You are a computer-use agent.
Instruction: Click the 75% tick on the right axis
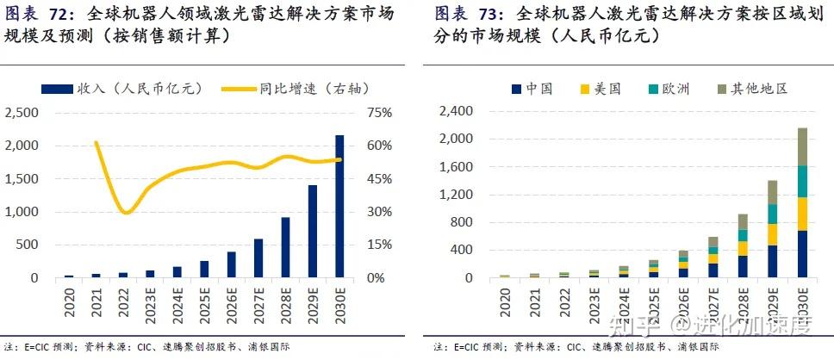point(379,113)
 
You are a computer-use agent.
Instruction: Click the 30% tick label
point(379,212)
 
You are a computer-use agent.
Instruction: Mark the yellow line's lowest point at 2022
point(127,212)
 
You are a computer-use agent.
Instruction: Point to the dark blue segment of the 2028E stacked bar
point(743,266)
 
